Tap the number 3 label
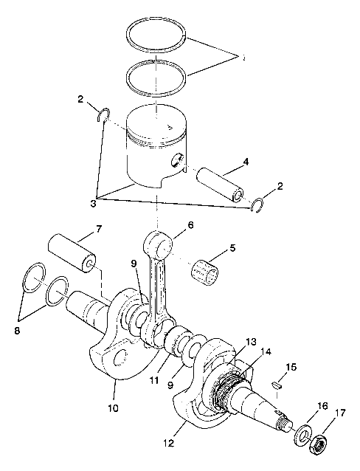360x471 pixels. pos(94,202)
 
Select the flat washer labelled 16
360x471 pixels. pos(302,435)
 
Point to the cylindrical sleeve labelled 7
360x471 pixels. pos(72,253)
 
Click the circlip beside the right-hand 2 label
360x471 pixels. pos(258,206)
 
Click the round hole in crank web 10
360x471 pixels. pos(118,360)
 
